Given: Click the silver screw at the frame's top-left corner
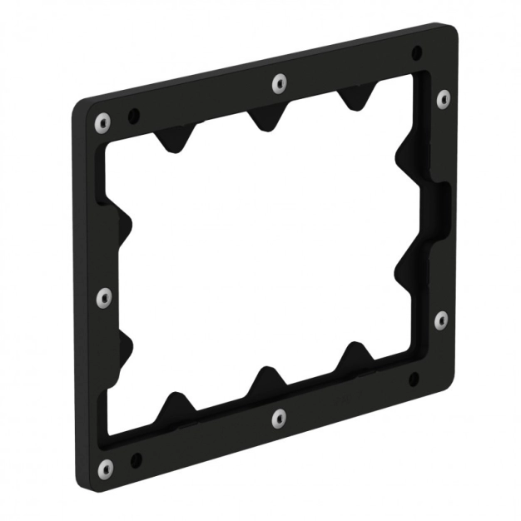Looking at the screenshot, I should [102, 123].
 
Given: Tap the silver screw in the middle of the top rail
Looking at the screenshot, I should [280, 82].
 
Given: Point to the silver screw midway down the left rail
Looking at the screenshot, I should [104, 296].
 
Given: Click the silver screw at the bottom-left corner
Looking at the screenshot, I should [105, 469].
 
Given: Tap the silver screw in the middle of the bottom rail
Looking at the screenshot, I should [280, 418].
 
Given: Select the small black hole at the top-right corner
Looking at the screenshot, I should [416, 54].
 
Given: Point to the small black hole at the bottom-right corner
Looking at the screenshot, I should [414, 380].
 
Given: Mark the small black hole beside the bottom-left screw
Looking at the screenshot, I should [136, 459].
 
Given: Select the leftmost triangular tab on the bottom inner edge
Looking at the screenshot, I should [176, 407].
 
